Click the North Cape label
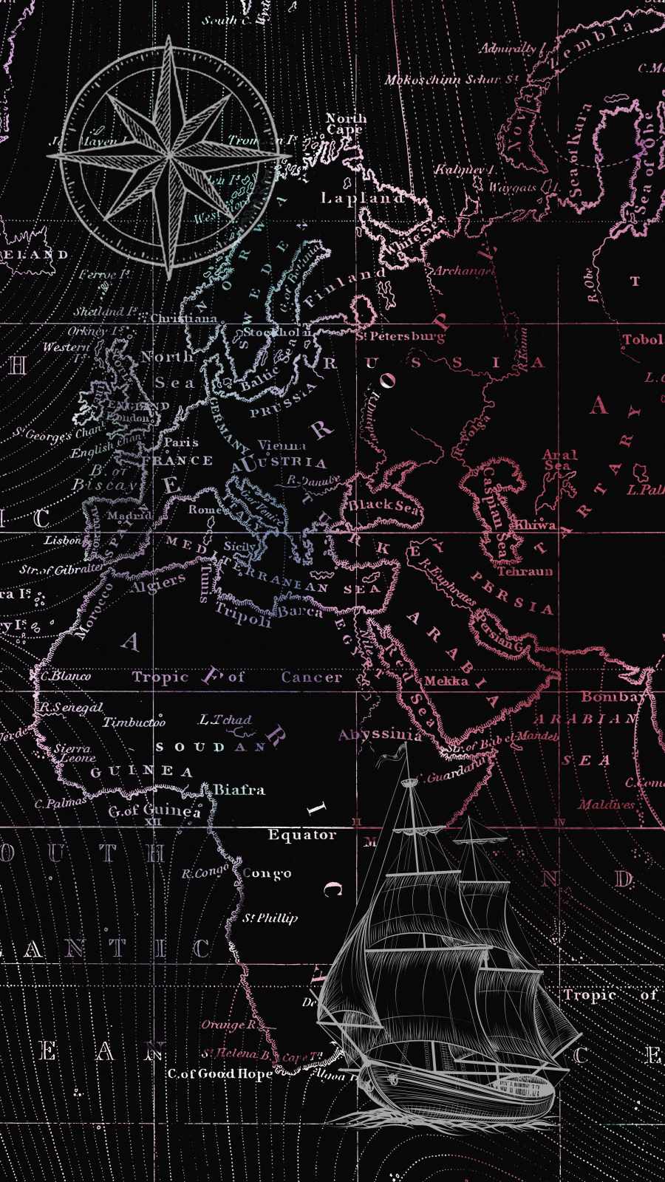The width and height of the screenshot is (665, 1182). point(346,123)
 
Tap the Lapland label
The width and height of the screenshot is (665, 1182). point(362,198)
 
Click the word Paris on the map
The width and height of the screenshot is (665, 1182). point(181,443)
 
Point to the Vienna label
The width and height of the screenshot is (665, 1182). point(282,445)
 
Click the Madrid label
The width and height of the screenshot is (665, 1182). point(129,516)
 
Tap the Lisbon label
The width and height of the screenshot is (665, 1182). point(63,541)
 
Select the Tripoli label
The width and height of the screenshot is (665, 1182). point(243,613)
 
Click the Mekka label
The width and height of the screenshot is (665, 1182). point(446,681)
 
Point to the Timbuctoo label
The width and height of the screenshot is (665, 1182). point(134,722)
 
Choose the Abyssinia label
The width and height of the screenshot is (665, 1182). point(380,734)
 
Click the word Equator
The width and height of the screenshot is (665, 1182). point(301,835)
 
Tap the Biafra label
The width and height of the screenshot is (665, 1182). point(239,790)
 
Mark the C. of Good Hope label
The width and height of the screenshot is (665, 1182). point(220,1073)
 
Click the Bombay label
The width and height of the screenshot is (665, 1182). point(613,697)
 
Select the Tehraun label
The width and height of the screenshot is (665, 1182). point(525,571)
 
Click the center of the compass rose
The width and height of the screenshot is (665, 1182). point(170,156)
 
